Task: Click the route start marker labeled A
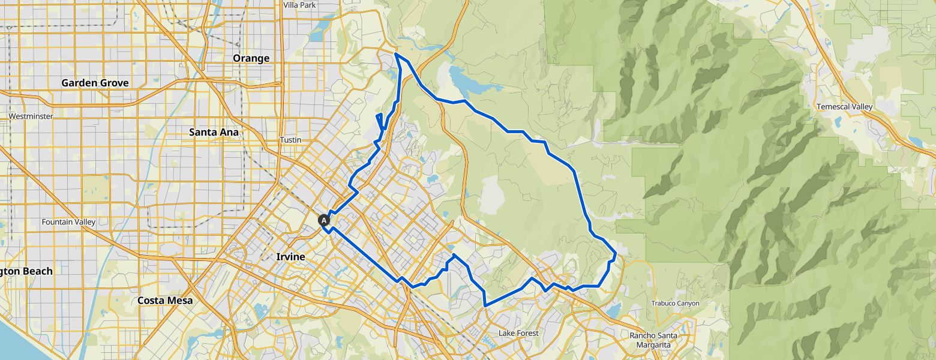(324, 220)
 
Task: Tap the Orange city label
(251, 58)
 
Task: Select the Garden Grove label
(95, 83)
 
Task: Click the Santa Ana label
(214, 132)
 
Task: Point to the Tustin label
(290, 140)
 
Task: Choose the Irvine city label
(290, 257)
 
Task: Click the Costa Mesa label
(165, 300)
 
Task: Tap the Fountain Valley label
(68, 222)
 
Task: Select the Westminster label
(31, 116)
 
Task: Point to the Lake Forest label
(518, 333)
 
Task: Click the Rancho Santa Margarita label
(653, 340)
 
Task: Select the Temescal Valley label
(844, 107)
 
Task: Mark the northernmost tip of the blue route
(396, 53)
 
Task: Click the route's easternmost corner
(616, 252)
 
